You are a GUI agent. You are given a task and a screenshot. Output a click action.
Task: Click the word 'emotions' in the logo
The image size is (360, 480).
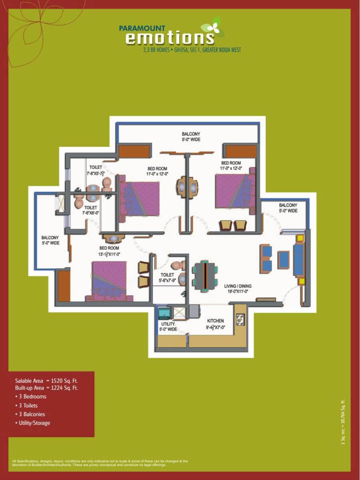tap(170, 38)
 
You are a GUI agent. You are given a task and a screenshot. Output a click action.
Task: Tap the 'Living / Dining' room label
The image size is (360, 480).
tap(238, 289)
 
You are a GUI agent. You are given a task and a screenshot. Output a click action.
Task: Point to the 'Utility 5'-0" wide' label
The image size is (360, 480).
tap(168, 326)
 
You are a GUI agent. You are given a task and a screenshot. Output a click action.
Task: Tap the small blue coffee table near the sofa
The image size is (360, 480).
tap(284, 259)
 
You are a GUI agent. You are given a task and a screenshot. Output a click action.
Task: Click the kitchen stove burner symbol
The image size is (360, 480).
tap(240, 319)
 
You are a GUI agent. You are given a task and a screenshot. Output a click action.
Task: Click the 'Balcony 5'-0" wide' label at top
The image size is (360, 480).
tap(191, 137)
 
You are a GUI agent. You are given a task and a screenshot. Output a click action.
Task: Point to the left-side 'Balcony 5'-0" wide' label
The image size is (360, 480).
tap(50, 240)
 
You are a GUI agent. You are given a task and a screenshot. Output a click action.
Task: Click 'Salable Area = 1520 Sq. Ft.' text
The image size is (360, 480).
tap(46, 381)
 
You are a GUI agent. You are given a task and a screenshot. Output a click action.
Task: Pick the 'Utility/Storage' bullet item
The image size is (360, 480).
tap(33, 423)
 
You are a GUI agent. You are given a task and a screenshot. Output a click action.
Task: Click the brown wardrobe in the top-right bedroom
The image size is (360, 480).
tap(241, 151)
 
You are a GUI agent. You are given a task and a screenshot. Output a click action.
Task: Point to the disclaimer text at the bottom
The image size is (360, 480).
tap(100, 463)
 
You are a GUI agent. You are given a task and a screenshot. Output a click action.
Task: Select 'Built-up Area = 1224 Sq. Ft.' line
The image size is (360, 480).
tap(46, 388)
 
